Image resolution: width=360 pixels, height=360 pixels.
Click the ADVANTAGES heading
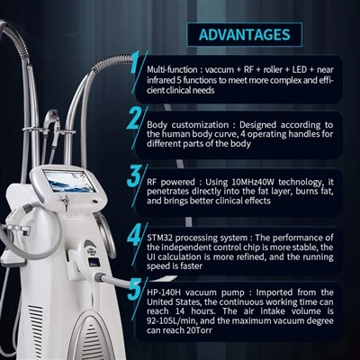245,34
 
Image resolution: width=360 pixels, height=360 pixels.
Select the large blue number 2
134,118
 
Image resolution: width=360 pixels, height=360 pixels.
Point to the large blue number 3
134,175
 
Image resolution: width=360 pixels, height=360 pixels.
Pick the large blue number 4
134,234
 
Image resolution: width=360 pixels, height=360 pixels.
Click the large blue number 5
134,289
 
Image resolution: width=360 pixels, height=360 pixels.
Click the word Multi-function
172,69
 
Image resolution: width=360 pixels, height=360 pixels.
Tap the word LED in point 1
300,69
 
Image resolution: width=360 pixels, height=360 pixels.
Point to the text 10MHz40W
254,182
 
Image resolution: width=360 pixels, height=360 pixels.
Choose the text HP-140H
164,292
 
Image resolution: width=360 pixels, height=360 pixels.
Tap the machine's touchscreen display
69,181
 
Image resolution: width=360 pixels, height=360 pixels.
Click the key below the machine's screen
66,202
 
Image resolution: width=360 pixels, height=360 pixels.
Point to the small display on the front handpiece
94,263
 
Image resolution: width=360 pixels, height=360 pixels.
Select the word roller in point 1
273,69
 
